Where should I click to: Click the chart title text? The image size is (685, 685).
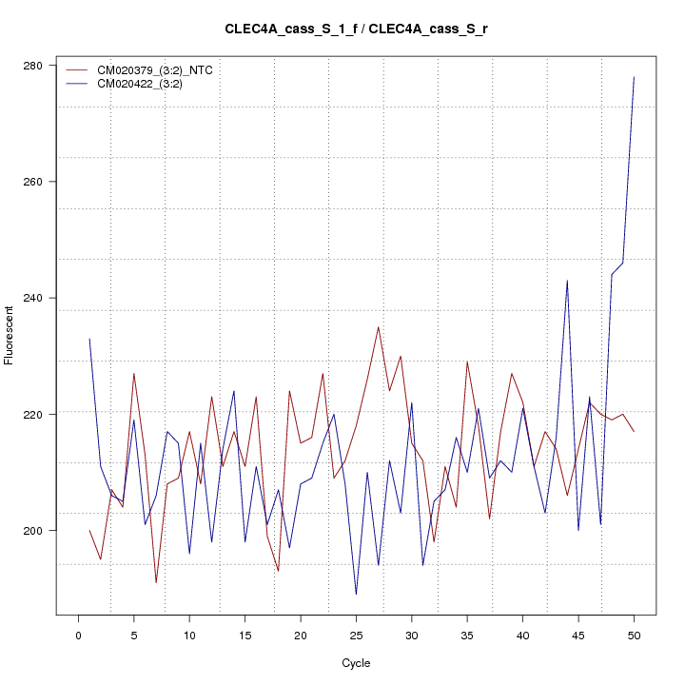click(x=356, y=29)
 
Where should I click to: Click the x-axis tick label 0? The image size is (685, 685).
click(x=78, y=634)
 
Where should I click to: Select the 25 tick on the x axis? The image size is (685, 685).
click(x=356, y=634)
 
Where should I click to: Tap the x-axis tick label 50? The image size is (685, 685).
click(x=634, y=634)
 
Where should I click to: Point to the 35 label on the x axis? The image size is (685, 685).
click(x=467, y=634)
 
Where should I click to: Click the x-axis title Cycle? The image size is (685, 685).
click(x=356, y=663)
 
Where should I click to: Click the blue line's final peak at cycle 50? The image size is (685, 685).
click(x=634, y=77)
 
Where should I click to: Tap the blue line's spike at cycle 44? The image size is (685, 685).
click(x=567, y=281)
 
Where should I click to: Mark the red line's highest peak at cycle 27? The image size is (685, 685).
click(x=379, y=327)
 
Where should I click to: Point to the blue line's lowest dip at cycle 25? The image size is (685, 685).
click(x=356, y=595)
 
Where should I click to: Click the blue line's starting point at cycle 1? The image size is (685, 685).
click(x=89, y=339)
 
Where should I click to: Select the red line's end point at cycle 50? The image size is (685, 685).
click(x=634, y=432)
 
